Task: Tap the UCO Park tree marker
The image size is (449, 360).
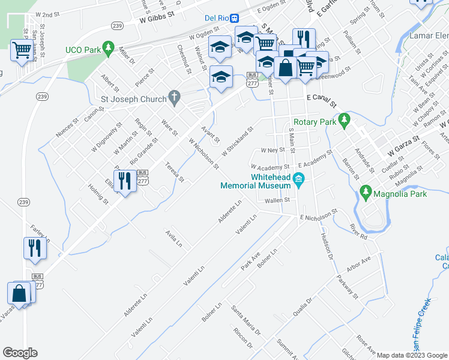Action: click(x=108, y=47)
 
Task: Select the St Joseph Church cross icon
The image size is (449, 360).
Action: click(x=174, y=96)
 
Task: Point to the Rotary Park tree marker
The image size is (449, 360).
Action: click(x=344, y=121)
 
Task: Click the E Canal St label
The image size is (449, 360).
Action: click(x=321, y=97)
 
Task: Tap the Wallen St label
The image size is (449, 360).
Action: click(x=277, y=200)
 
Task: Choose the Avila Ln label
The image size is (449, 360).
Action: click(x=174, y=238)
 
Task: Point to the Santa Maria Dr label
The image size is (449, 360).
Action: click(x=246, y=320)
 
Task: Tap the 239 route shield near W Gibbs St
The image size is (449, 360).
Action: click(x=117, y=25)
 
